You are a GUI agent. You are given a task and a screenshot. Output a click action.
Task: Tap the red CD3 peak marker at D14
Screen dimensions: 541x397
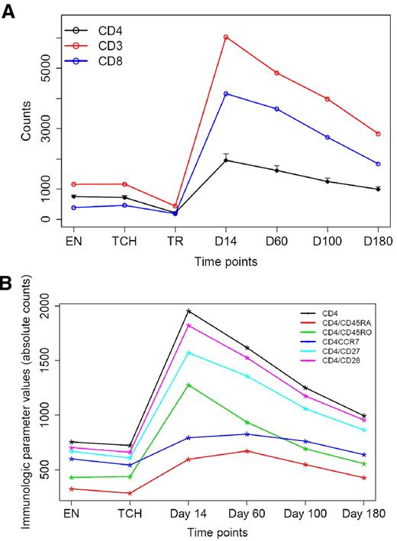[226, 37]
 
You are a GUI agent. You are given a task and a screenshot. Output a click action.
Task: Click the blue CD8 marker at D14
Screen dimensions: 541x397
[226, 94]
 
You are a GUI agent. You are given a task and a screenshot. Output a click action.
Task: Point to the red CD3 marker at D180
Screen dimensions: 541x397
[378, 134]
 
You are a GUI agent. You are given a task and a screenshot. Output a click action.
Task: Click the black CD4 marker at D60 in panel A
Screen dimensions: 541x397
[276, 170]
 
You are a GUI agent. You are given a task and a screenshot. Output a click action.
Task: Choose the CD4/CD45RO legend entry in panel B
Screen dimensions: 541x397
[342, 331]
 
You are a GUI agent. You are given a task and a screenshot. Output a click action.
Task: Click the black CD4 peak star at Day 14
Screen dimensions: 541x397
[188, 311]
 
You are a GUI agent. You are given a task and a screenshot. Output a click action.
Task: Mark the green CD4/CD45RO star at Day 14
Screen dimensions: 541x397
[188, 384]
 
